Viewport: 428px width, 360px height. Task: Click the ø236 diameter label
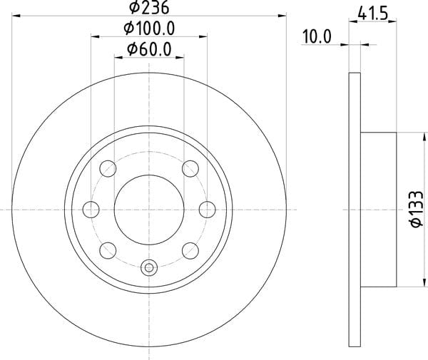pyautogui.click(x=149, y=7)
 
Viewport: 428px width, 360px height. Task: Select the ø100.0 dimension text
pyautogui.click(x=149, y=29)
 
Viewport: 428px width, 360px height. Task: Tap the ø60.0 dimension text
pyautogui.click(x=149, y=49)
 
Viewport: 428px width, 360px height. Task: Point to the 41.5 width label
pyautogui.click(x=372, y=14)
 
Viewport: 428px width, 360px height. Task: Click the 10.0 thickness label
pyautogui.click(x=317, y=37)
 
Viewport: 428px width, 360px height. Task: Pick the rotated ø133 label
pyautogui.click(x=417, y=209)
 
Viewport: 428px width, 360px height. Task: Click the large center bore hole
pyautogui.click(x=149, y=210)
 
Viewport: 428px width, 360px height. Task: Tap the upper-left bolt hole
pyautogui.click(x=108, y=169)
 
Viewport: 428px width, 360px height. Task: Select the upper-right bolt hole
pyautogui.click(x=190, y=169)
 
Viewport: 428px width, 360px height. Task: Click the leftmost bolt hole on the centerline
pyautogui.click(x=91, y=210)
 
